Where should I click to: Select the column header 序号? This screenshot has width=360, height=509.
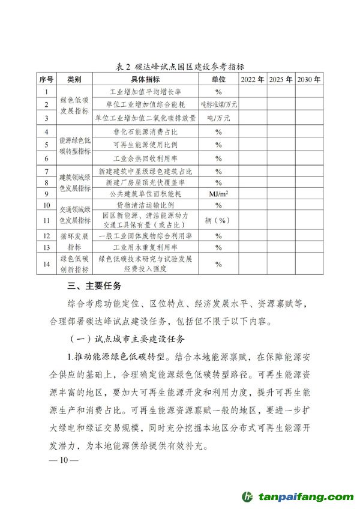[x=46, y=79]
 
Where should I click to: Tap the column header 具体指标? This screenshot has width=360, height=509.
[x=145, y=79]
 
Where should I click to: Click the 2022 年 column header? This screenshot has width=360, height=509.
[x=251, y=79]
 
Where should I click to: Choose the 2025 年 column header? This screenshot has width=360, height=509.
[x=281, y=79]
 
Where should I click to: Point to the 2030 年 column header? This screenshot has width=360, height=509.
[x=308, y=79]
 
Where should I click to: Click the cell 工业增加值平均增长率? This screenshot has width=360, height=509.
[x=145, y=92]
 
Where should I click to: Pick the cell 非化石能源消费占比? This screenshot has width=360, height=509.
[x=145, y=131]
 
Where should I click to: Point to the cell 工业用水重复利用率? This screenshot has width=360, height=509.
[x=145, y=247]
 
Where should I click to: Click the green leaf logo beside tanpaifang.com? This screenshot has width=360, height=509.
[x=247, y=497]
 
